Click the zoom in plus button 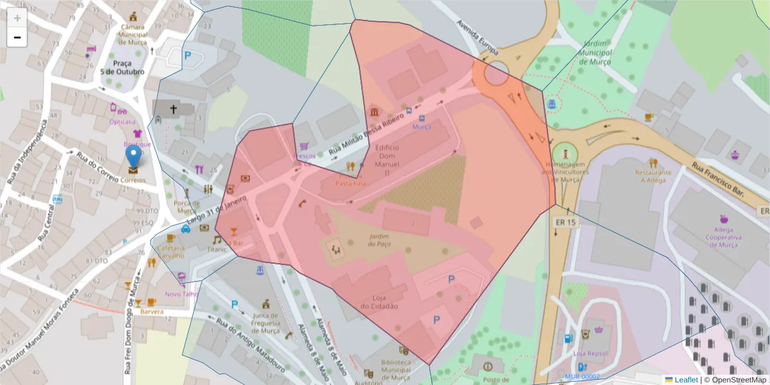click(x=17, y=18)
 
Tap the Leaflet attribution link click(x=686, y=380)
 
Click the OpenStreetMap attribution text click(x=735, y=380)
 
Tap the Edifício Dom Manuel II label click(x=387, y=160)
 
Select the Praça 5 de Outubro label click(x=123, y=68)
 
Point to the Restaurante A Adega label click(x=653, y=176)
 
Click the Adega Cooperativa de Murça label click(x=724, y=237)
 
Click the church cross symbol click(x=173, y=110)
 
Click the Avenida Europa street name click(x=477, y=37)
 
